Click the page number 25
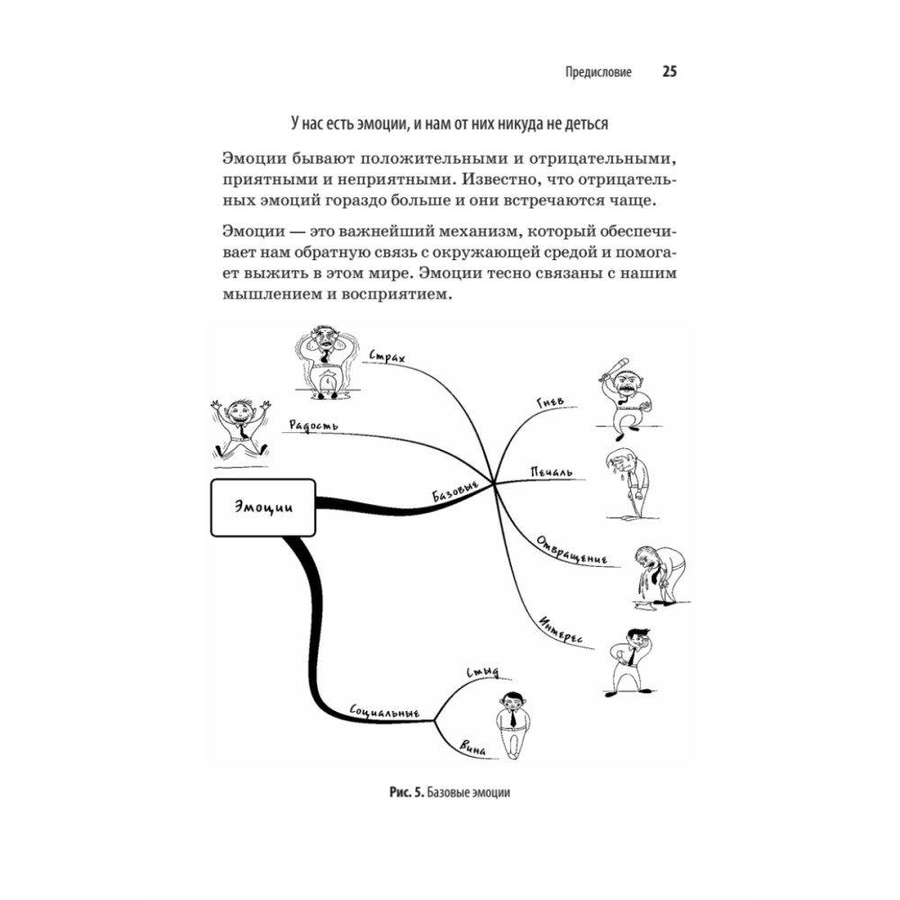pyautogui.click(x=670, y=72)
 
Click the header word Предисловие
pyautogui.click(x=597, y=73)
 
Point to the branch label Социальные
pyautogui.click(x=385, y=712)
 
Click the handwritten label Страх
pyautogui.click(x=388, y=359)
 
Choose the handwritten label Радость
pyautogui.click(x=314, y=424)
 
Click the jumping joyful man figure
pyautogui.click(x=239, y=425)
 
